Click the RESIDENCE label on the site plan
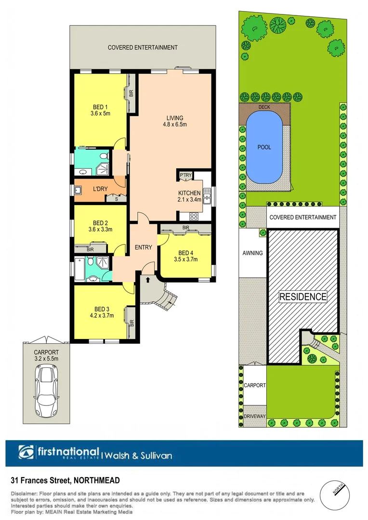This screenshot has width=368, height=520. pyautogui.click(x=303, y=297)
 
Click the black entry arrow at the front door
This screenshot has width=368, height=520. pyautogui.click(x=148, y=279)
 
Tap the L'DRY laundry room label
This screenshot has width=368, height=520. pyautogui.click(x=100, y=189)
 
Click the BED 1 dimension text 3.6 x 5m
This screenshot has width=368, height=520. pyautogui.click(x=101, y=114)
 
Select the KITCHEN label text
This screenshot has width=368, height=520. pyautogui.click(x=189, y=193)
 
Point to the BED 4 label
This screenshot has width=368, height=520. pyautogui.click(x=185, y=253)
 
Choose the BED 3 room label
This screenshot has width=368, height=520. pyautogui.click(x=101, y=309)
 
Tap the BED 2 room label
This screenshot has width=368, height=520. pyautogui.click(x=100, y=222)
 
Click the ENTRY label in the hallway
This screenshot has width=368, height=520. pyautogui.click(x=143, y=247)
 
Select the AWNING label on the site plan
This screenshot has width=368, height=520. pyautogui.click(x=253, y=253)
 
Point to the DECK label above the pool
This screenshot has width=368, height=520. pyautogui.click(x=264, y=107)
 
